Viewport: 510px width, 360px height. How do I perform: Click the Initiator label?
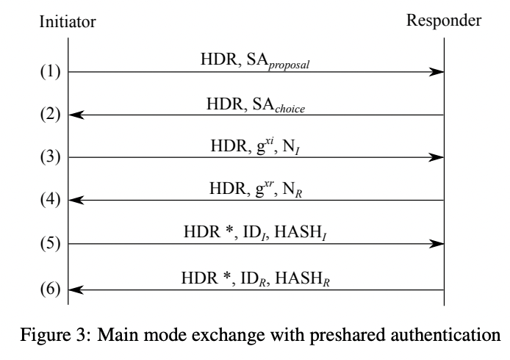[x=68, y=24]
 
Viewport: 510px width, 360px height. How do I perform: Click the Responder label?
[x=444, y=22]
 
